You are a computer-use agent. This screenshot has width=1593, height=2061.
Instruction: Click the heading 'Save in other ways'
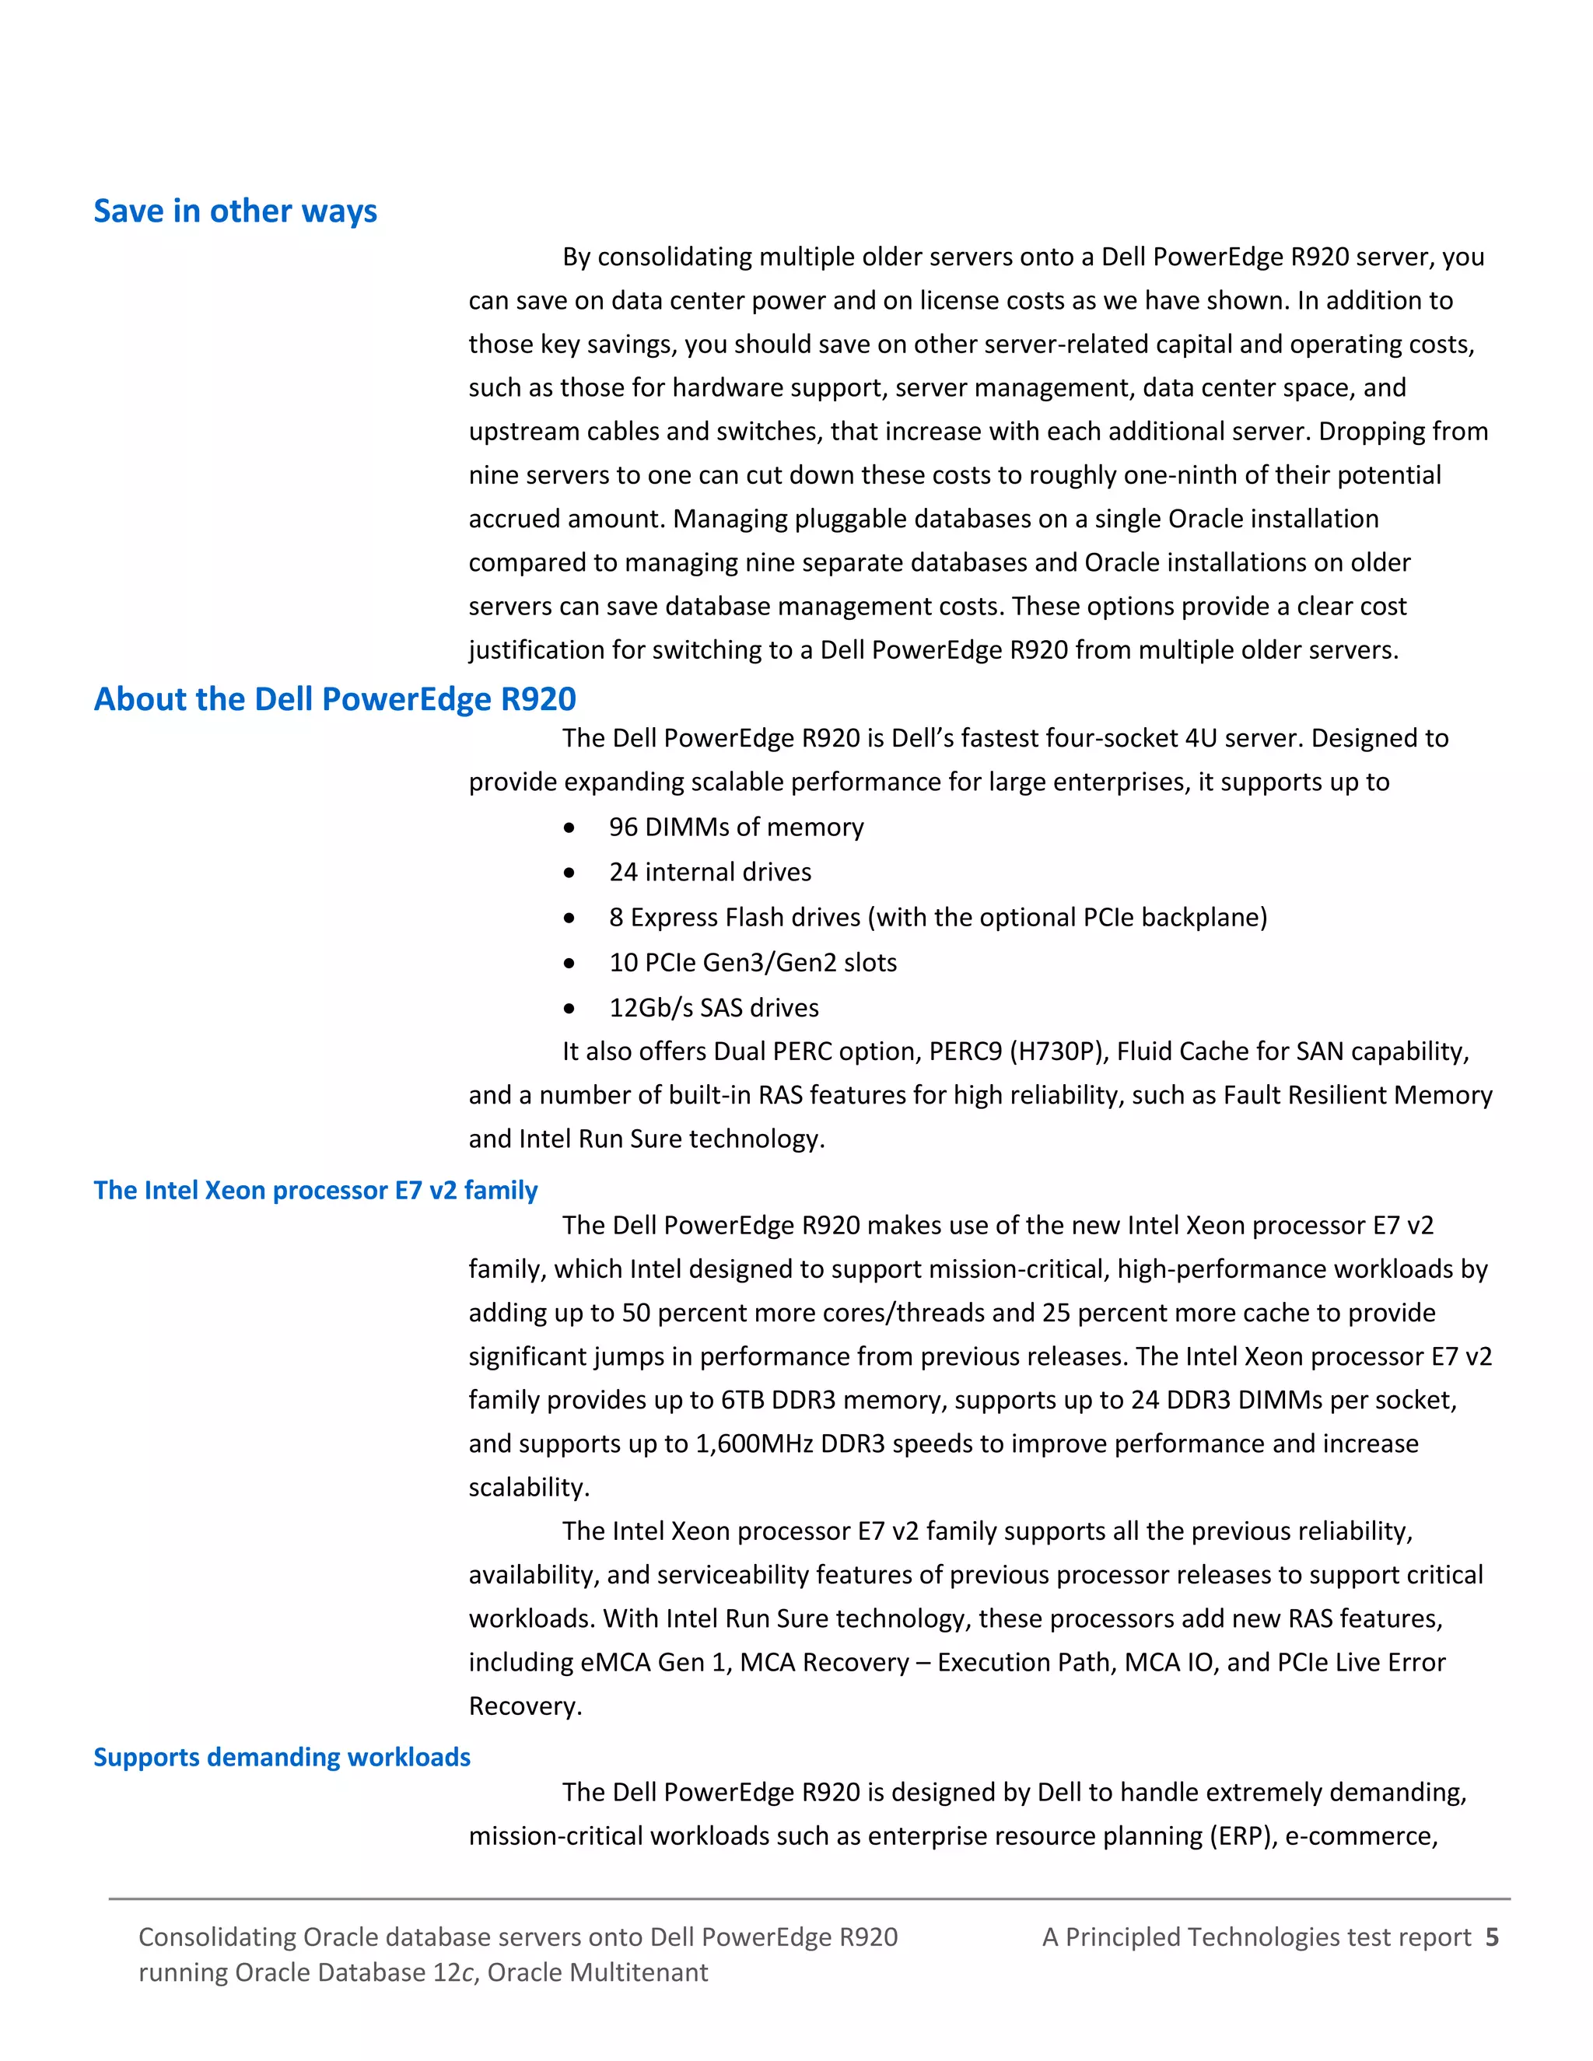[x=235, y=211]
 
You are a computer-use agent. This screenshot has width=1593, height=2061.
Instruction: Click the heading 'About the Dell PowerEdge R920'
[x=335, y=698]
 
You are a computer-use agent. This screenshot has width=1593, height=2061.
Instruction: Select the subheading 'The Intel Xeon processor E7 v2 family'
[x=315, y=1190]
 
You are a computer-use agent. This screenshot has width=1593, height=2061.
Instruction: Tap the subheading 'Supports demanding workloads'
[x=282, y=1757]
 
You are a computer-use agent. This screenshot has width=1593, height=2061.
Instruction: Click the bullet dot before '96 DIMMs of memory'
[x=569, y=828]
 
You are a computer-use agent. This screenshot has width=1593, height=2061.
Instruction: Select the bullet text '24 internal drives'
[x=709, y=872]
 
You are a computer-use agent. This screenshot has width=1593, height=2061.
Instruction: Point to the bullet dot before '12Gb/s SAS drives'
[x=569, y=1009]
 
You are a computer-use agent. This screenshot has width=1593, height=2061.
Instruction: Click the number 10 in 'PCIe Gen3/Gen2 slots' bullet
[x=623, y=963]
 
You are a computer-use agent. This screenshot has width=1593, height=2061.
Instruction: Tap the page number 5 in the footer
[x=1491, y=1937]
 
